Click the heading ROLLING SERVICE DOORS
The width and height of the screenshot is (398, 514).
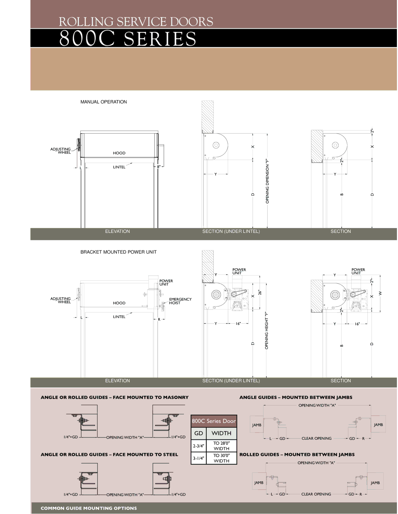coord(136,22)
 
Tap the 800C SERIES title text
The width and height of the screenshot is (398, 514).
coord(128,39)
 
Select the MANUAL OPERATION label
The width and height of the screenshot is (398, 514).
coord(104,102)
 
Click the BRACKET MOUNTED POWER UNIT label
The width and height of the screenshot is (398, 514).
coord(118,252)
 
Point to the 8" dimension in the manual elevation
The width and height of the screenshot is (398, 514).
coord(159,167)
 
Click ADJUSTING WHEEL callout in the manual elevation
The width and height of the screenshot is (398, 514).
coord(61,151)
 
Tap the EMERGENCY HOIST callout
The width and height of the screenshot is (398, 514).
coord(180,301)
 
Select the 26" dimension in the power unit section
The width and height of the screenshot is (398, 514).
coord(260,293)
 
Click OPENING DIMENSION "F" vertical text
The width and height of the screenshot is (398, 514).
coord(268,181)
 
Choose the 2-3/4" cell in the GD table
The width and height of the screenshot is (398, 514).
coord(198,446)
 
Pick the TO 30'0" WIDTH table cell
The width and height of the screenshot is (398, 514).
coord(221,458)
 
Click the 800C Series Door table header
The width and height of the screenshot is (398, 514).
coord(214,421)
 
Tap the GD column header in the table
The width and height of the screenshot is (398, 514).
coord(199,433)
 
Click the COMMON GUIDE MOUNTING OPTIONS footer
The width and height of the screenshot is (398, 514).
coord(89,508)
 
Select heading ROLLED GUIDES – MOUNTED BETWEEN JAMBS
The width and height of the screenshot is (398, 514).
coord(297,454)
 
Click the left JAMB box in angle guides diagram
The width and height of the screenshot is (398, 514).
coord(257,425)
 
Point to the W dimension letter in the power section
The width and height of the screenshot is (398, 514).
coord(380,293)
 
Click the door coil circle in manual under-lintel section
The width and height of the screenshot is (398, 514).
coord(216,145)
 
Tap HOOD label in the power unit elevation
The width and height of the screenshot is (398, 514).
coord(119,303)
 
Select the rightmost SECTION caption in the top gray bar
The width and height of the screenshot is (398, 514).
coord(341,231)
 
